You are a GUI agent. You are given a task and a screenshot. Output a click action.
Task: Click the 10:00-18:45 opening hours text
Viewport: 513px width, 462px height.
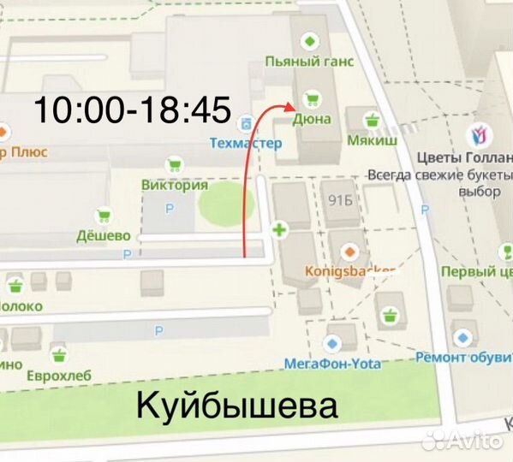click(x=133, y=109)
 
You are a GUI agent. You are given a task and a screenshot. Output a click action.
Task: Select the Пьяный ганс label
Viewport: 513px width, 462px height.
click(x=309, y=62)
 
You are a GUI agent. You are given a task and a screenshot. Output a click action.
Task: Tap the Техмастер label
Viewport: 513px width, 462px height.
click(x=245, y=143)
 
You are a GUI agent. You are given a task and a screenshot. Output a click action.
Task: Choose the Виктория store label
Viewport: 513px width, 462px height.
click(x=175, y=184)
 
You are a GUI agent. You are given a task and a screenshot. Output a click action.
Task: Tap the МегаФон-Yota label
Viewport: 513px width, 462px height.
click(x=332, y=363)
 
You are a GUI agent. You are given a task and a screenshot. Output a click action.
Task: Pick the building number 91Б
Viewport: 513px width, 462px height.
click(x=340, y=200)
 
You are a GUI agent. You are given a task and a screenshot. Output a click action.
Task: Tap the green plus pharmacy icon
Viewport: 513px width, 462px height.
click(x=278, y=229)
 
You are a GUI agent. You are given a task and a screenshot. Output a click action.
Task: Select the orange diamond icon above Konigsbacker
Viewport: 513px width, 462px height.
click(x=349, y=252)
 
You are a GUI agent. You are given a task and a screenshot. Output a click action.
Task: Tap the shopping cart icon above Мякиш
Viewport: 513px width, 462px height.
click(x=371, y=119)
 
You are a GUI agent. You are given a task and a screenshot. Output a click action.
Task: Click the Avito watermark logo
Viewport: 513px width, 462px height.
click(x=465, y=440)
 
